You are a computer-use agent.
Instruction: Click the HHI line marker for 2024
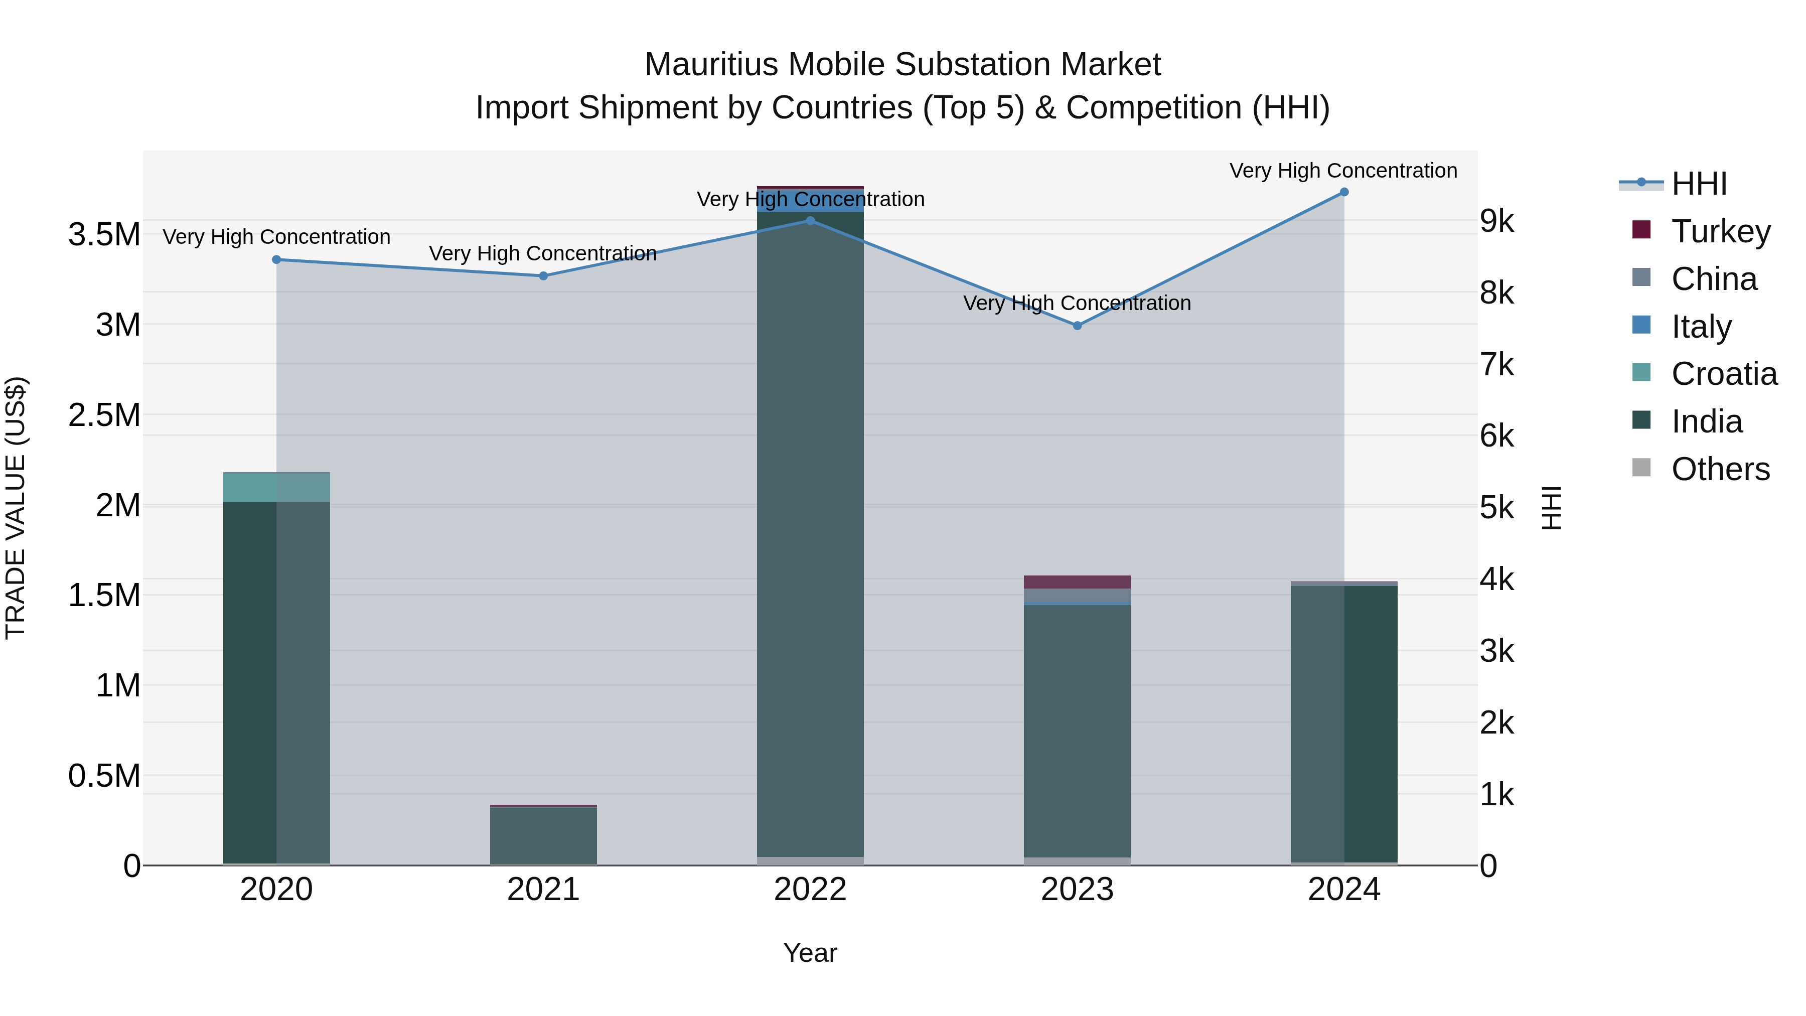coord(1344,192)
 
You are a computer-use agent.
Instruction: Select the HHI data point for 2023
coord(1078,326)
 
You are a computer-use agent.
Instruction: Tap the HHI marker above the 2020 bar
coord(276,260)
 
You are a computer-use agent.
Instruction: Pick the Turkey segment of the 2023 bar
coord(1077,582)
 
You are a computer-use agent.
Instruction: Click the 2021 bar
coord(543,836)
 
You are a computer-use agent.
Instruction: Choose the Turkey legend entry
coord(1721,231)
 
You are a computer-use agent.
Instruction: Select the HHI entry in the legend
coord(1698,184)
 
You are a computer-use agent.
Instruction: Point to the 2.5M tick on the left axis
coord(104,415)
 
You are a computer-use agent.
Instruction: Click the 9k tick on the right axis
coord(1497,222)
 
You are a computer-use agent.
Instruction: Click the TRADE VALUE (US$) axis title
coord(16,508)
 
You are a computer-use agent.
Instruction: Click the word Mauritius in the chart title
coord(711,65)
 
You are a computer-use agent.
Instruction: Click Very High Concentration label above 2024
coord(1343,171)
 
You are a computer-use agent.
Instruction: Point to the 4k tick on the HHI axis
coord(1497,580)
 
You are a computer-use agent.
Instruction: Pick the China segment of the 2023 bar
coord(1077,595)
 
